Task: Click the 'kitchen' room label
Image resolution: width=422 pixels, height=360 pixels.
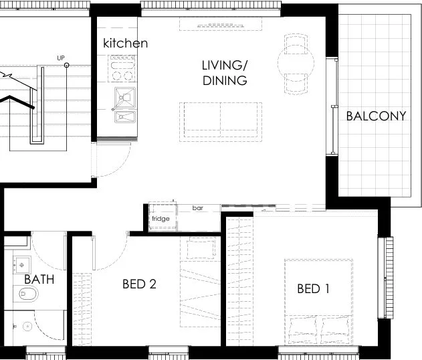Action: [x=125, y=43]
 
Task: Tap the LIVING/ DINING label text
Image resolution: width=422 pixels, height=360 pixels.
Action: [x=225, y=73]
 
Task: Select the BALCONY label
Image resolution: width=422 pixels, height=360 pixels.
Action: [x=376, y=116]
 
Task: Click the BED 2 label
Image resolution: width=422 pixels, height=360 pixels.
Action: [x=139, y=284]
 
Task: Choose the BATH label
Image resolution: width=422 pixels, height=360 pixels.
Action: [x=39, y=278]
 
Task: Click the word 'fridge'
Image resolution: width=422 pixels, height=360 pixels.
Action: [x=161, y=219]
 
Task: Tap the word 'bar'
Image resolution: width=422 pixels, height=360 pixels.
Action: [x=198, y=208]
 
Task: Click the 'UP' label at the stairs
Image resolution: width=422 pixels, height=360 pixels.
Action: [x=61, y=59]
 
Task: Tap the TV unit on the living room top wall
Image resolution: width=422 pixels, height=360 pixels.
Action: [x=221, y=24]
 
